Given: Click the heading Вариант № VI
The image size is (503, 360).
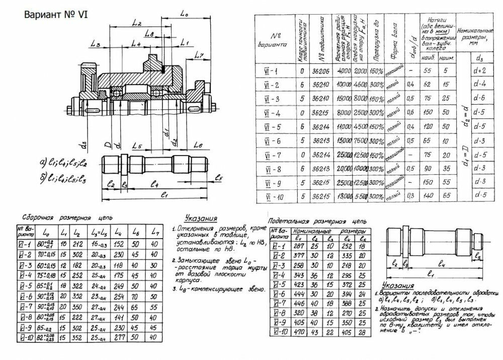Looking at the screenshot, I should tap(56, 15).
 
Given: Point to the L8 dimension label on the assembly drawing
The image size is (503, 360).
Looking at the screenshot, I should tap(149, 33).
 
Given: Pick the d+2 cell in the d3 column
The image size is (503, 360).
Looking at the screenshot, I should tap(479, 71).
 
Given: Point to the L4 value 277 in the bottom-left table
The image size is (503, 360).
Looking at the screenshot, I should tap(118, 337).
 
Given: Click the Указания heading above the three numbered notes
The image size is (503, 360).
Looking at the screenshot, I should tap(201, 219).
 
